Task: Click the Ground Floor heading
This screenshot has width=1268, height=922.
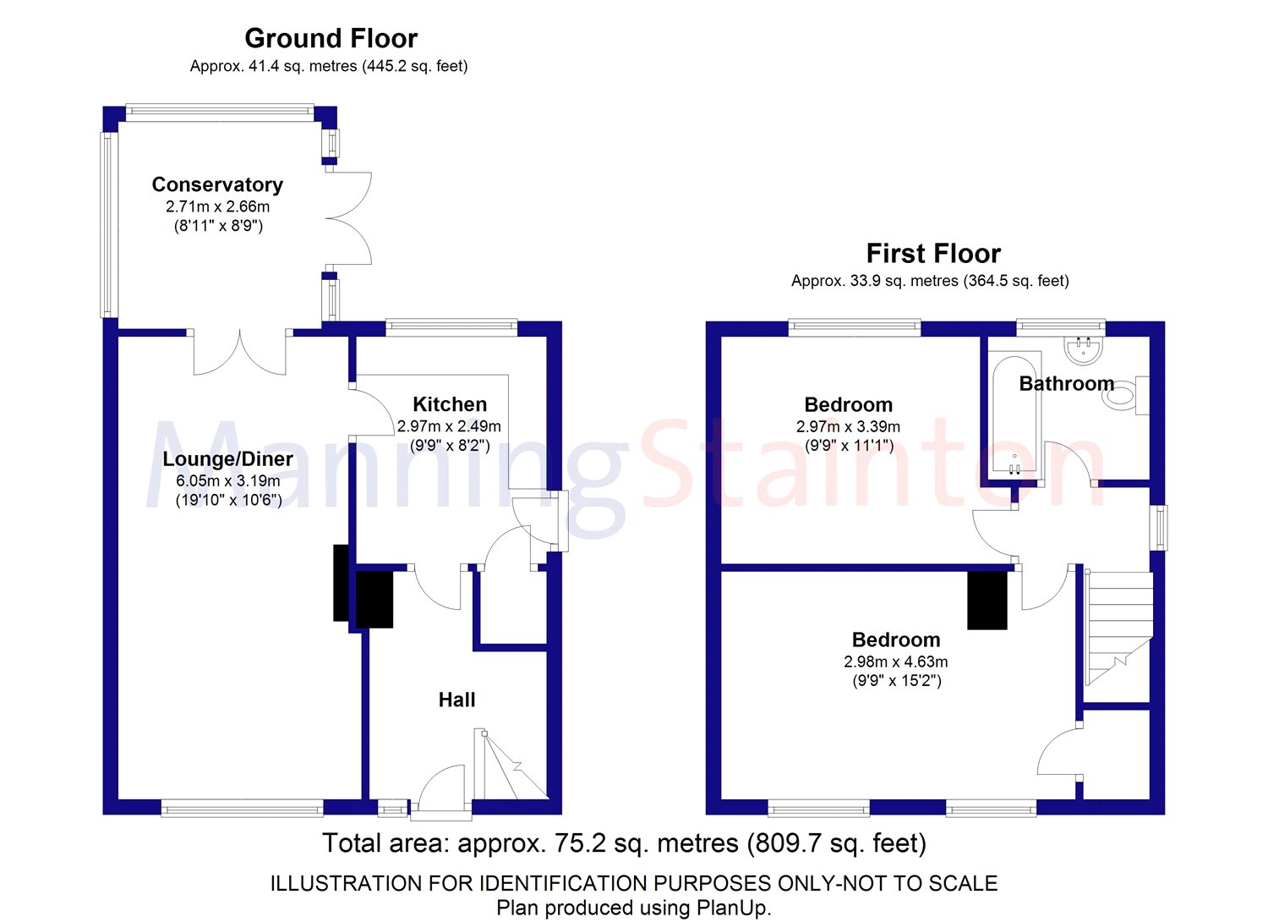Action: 331,39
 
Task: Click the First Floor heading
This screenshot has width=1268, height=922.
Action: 933,254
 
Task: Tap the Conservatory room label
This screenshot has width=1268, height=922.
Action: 217,184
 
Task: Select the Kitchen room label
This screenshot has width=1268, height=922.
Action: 450,404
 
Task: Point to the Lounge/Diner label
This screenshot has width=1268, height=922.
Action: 227,459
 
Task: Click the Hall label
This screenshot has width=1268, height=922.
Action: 456,700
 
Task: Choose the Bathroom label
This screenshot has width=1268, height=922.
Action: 1066,384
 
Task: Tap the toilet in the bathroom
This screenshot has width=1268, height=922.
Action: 1123,395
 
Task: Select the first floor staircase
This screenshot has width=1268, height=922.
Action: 1118,626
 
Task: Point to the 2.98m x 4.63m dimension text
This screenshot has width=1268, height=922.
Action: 895,662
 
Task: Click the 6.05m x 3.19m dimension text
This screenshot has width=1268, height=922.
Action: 227,480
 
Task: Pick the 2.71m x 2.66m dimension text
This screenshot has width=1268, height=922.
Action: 217,206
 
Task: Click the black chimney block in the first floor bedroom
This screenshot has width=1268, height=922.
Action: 987,600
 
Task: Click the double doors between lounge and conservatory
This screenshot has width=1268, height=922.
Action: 240,354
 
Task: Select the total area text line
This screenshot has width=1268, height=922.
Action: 624,843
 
